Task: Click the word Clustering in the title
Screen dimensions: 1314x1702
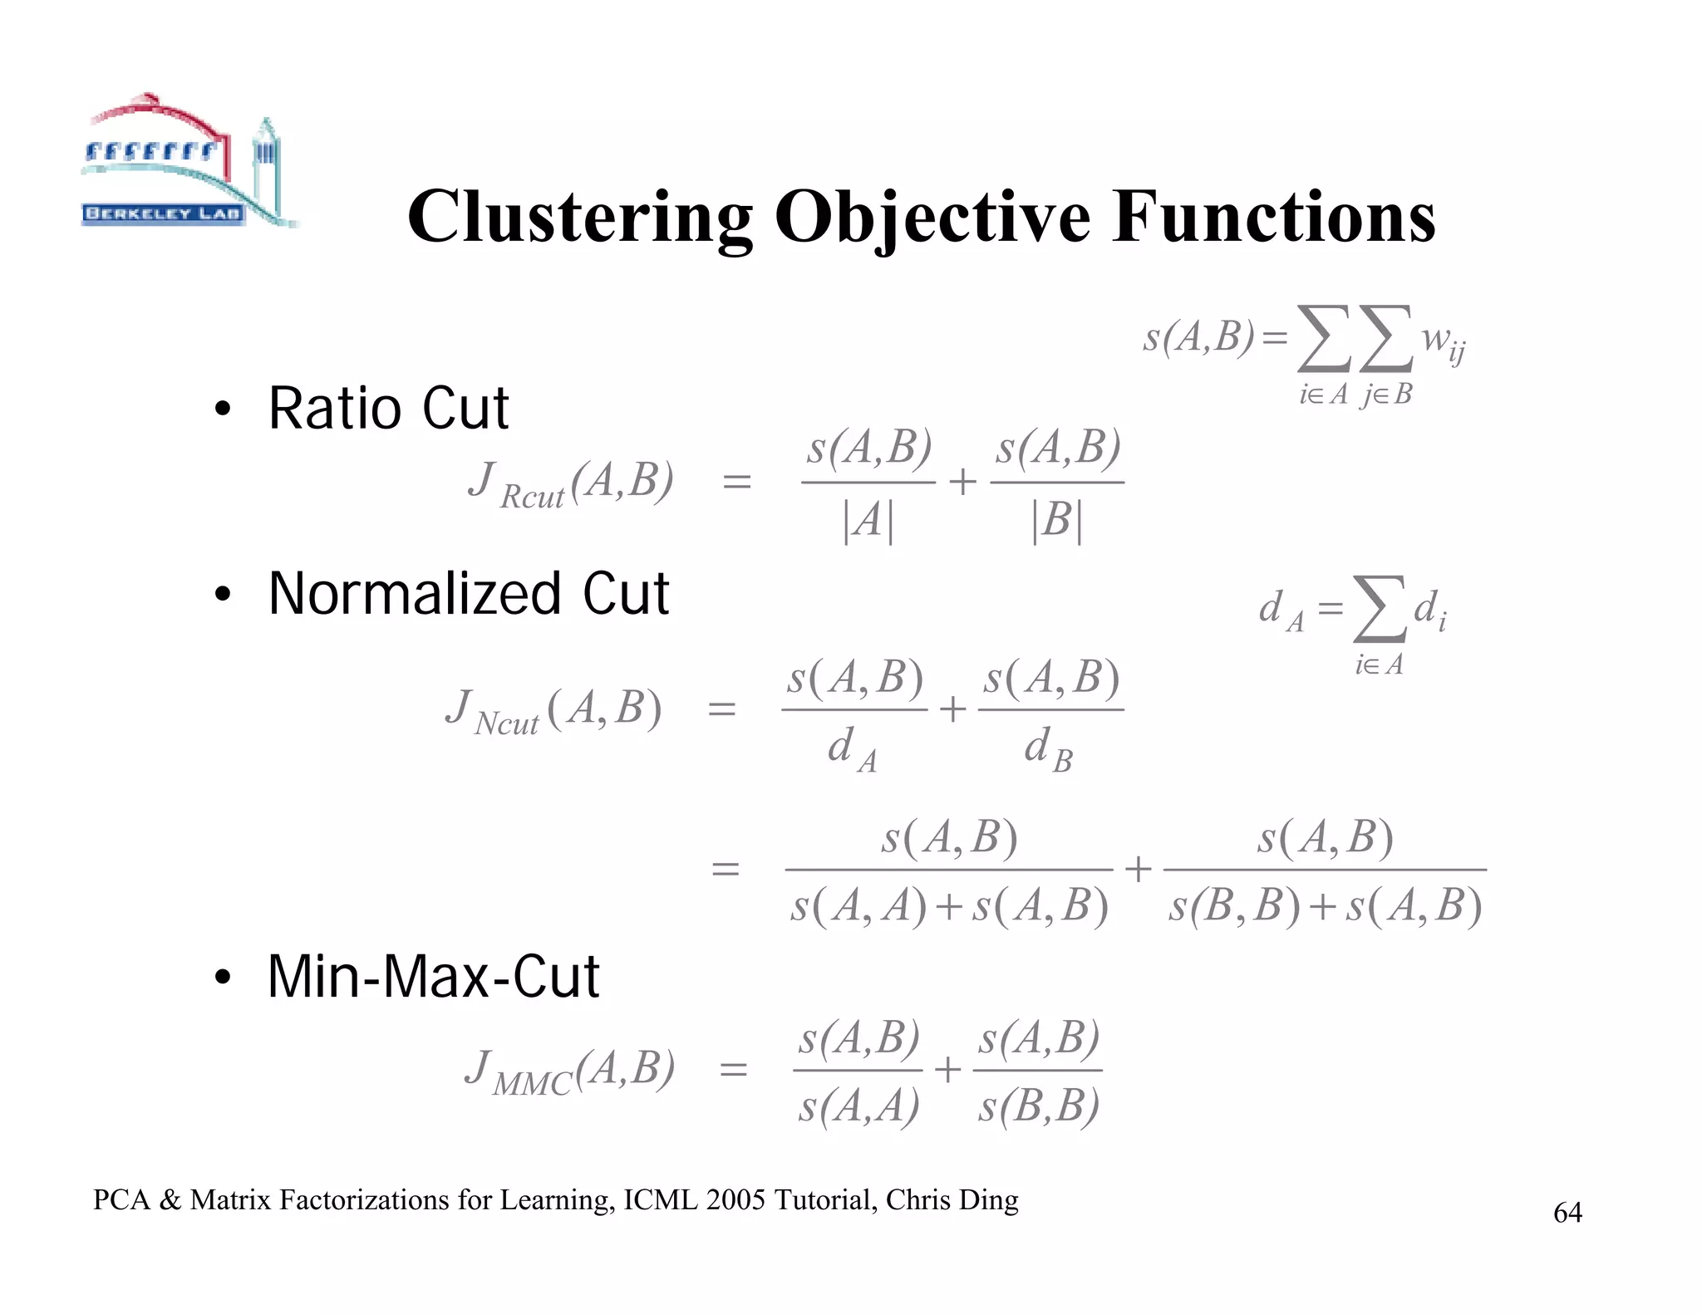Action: (580, 218)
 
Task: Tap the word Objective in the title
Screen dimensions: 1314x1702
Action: (932, 218)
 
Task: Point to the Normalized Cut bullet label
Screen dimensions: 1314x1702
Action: (468, 594)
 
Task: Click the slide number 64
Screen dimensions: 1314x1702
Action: (1567, 1213)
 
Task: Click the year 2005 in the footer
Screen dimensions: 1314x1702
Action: (735, 1200)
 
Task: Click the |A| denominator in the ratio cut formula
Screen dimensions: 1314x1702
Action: (868, 522)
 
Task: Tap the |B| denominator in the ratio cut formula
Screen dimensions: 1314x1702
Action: (1056, 522)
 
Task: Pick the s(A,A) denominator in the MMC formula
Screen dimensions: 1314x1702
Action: (858, 1106)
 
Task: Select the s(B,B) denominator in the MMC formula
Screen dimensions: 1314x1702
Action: (1038, 1106)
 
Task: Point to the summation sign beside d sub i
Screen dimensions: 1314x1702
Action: (1380, 610)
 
